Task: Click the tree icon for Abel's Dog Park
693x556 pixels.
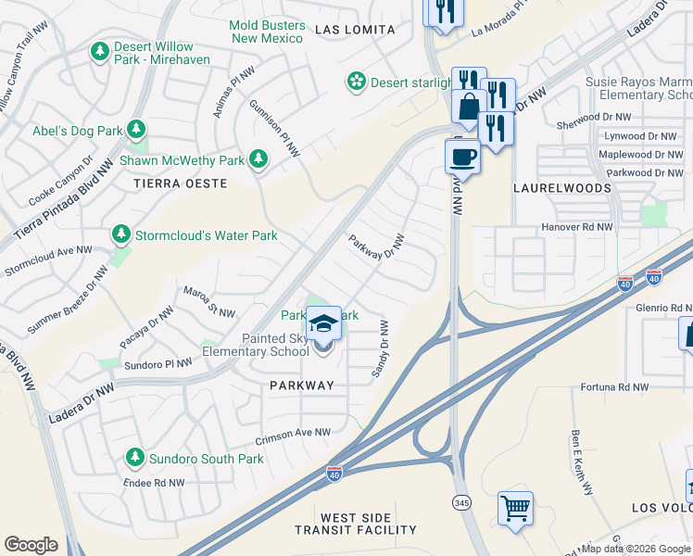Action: (137, 128)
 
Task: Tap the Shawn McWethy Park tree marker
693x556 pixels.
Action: (258, 160)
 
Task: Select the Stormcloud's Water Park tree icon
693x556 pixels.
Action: (120, 235)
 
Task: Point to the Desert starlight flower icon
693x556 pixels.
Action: (356, 83)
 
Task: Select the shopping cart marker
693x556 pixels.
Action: (515, 508)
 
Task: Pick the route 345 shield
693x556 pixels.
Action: (460, 501)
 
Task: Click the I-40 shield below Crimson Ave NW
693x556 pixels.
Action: (334, 474)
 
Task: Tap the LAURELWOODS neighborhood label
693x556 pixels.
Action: (562, 188)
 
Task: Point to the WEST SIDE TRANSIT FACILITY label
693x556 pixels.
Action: (356, 524)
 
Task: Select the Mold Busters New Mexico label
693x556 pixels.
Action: (267, 32)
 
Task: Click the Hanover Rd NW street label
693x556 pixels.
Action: (577, 227)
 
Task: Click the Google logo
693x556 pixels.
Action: (31, 545)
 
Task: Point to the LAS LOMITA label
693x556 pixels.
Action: (355, 30)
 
